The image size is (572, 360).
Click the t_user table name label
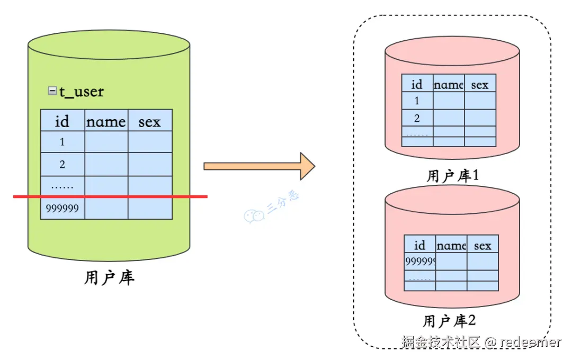point(82,91)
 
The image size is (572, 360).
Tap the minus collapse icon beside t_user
point(52,91)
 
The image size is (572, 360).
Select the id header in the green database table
point(62,121)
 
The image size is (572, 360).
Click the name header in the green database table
point(106,121)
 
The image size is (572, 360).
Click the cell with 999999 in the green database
point(62,208)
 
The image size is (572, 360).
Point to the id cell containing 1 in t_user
point(62,141)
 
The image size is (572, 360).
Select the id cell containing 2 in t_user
point(62,164)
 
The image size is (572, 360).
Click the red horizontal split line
point(110,196)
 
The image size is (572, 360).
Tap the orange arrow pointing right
point(260,166)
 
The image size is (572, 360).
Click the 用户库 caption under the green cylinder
point(110,277)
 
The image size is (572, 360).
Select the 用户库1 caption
point(452,176)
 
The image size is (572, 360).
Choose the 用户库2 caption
point(450,321)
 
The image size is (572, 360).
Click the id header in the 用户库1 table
point(417,84)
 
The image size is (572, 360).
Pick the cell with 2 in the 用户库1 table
point(417,118)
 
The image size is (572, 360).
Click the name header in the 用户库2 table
point(452,246)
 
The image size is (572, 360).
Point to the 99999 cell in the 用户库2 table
point(420,261)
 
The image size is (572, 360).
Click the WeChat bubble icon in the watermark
point(254,216)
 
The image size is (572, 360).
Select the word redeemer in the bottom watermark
point(531,342)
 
